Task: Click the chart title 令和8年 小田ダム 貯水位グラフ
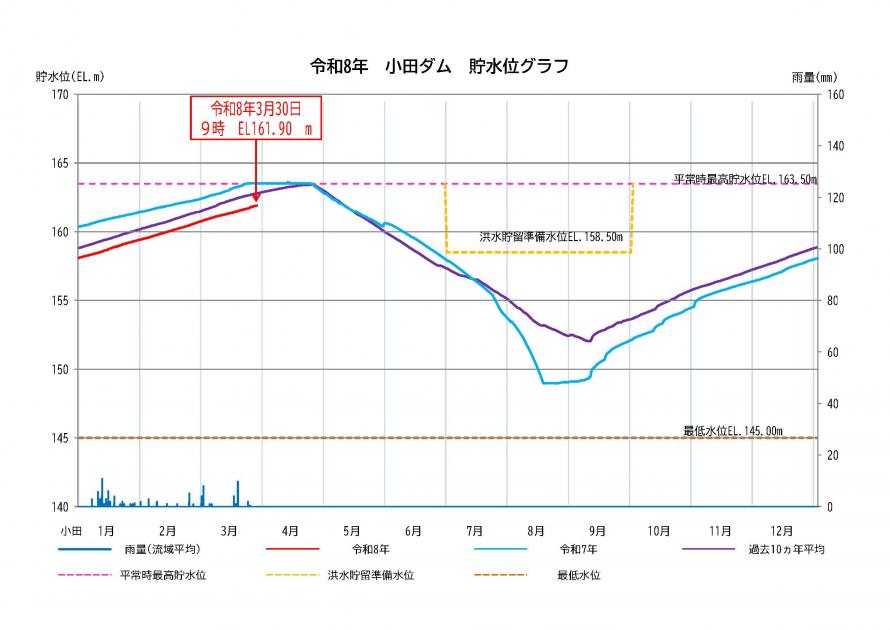tap(440, 67)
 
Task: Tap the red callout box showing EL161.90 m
tap(256, 117)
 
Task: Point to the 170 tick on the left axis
tap(62, 94)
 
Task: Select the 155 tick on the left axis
tap(62, 300)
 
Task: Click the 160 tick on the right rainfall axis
tap(836, 94)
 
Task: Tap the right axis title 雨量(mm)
tap(813, 76)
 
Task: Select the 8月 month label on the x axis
tap(536, 530)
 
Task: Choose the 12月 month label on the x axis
tap(782, 530)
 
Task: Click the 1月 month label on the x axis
tap(106, 530)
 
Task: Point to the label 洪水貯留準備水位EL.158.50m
tap(551, 238)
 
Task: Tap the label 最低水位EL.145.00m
tap(733, 431)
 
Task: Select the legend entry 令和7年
tap(579, 550)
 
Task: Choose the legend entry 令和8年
tap(371, 550)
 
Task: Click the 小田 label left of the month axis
tap(69, 530)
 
